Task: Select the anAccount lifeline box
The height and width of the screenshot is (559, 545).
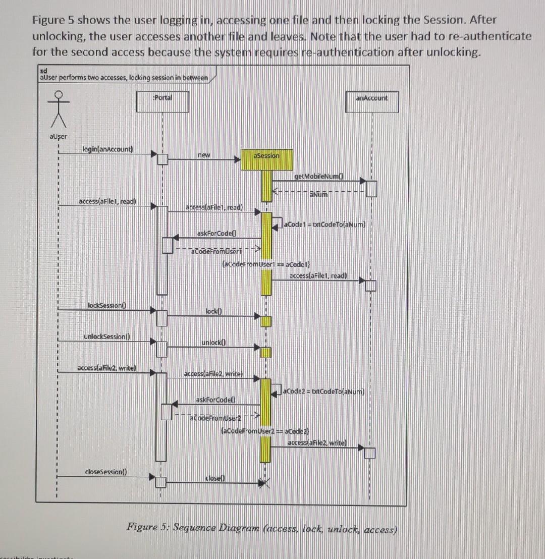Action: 372,102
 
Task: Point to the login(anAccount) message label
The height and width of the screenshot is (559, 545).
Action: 108,149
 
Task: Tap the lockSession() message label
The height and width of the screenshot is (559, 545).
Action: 106,306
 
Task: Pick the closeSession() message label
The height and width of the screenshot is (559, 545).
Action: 106,472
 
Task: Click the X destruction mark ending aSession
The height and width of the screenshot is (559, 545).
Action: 266,484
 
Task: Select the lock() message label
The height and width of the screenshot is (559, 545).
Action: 211,312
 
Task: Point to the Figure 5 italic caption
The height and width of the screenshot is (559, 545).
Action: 262,528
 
